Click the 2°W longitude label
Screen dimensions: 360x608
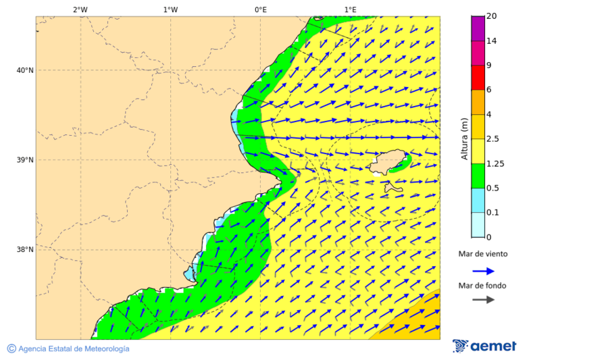point(80,9)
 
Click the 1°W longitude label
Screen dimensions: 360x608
point(170,9)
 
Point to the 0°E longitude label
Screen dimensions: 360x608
point(260,9)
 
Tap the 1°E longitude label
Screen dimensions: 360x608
point(350,9)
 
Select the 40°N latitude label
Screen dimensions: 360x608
point(24,70)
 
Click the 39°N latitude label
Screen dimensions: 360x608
point(24,160)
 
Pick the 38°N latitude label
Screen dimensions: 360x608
point(24,250)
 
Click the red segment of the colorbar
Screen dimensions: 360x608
point(478,78)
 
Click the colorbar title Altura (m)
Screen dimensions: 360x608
point(464,139)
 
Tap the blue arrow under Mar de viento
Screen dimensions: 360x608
point(483,271)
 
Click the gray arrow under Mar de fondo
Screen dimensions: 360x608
point(483,300)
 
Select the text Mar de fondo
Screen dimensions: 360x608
point(482,286)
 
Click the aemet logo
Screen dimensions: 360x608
point(484,346)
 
